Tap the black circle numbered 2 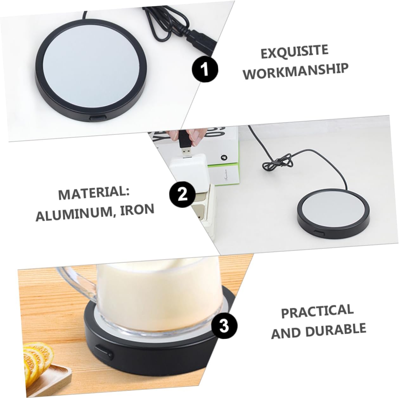[x=183, y=195]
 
